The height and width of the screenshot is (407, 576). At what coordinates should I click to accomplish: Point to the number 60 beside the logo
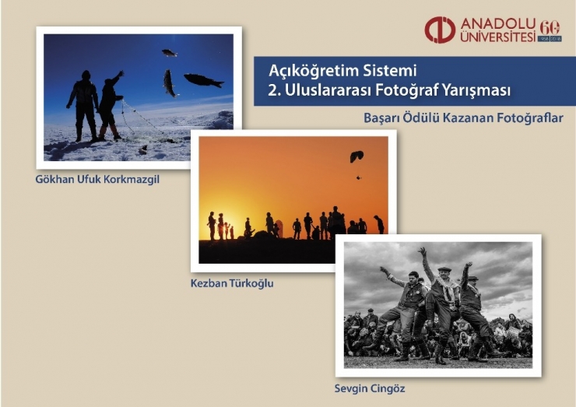(x=550, y=28)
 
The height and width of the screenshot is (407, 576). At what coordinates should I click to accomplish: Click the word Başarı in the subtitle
(x=381, y=118)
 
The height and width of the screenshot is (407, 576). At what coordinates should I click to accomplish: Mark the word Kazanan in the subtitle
(x=462, y=118)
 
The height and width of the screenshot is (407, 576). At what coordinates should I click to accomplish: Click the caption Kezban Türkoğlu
(x=232, y=283)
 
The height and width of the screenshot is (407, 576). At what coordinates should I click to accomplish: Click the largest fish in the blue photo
(x=202, y=79)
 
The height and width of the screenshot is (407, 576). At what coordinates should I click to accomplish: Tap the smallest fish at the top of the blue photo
(x=169, y=53)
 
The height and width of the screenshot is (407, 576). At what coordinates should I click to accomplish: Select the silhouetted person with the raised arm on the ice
(x=111, y=104)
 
